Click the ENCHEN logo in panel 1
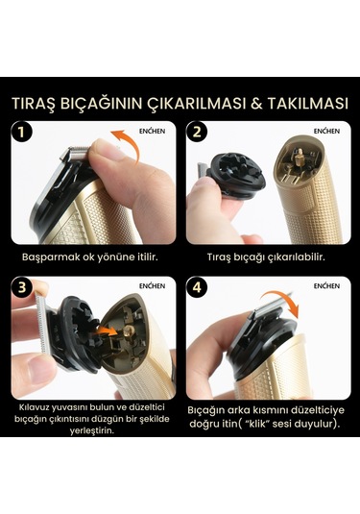(152, 131)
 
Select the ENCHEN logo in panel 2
(326, 131)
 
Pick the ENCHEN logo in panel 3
(152, 286)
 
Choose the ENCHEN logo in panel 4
(326, 286)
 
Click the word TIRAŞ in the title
(36, 102)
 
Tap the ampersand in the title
(248, 102)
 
